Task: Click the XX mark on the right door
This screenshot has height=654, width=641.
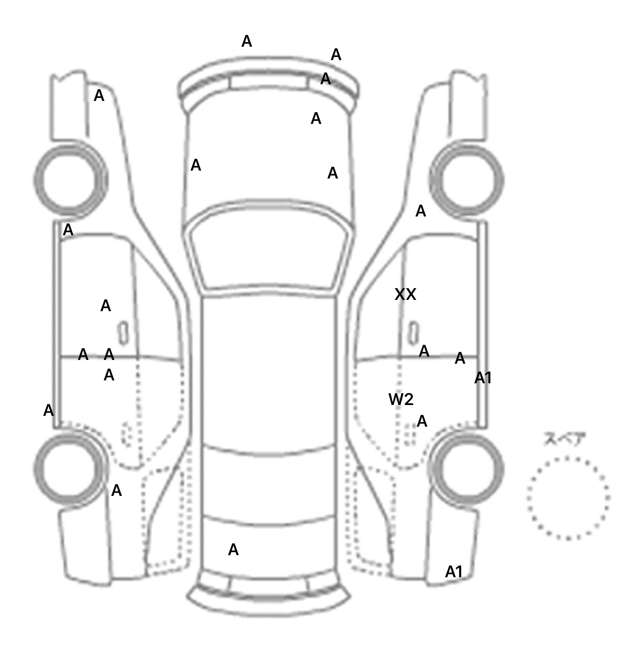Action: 405,295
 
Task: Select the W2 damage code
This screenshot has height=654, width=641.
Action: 401,400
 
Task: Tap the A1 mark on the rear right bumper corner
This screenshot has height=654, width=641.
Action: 454,572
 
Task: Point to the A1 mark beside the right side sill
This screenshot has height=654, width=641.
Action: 483,378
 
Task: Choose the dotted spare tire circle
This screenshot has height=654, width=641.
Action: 568,498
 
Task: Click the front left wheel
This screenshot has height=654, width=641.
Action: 70,180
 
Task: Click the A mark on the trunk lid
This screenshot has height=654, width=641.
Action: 233,550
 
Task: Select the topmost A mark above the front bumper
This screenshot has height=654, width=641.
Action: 247,42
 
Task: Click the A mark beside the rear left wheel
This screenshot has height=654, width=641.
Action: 116,491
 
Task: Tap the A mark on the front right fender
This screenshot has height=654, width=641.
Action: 421,211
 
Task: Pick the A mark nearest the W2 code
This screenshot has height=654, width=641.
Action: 422,422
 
